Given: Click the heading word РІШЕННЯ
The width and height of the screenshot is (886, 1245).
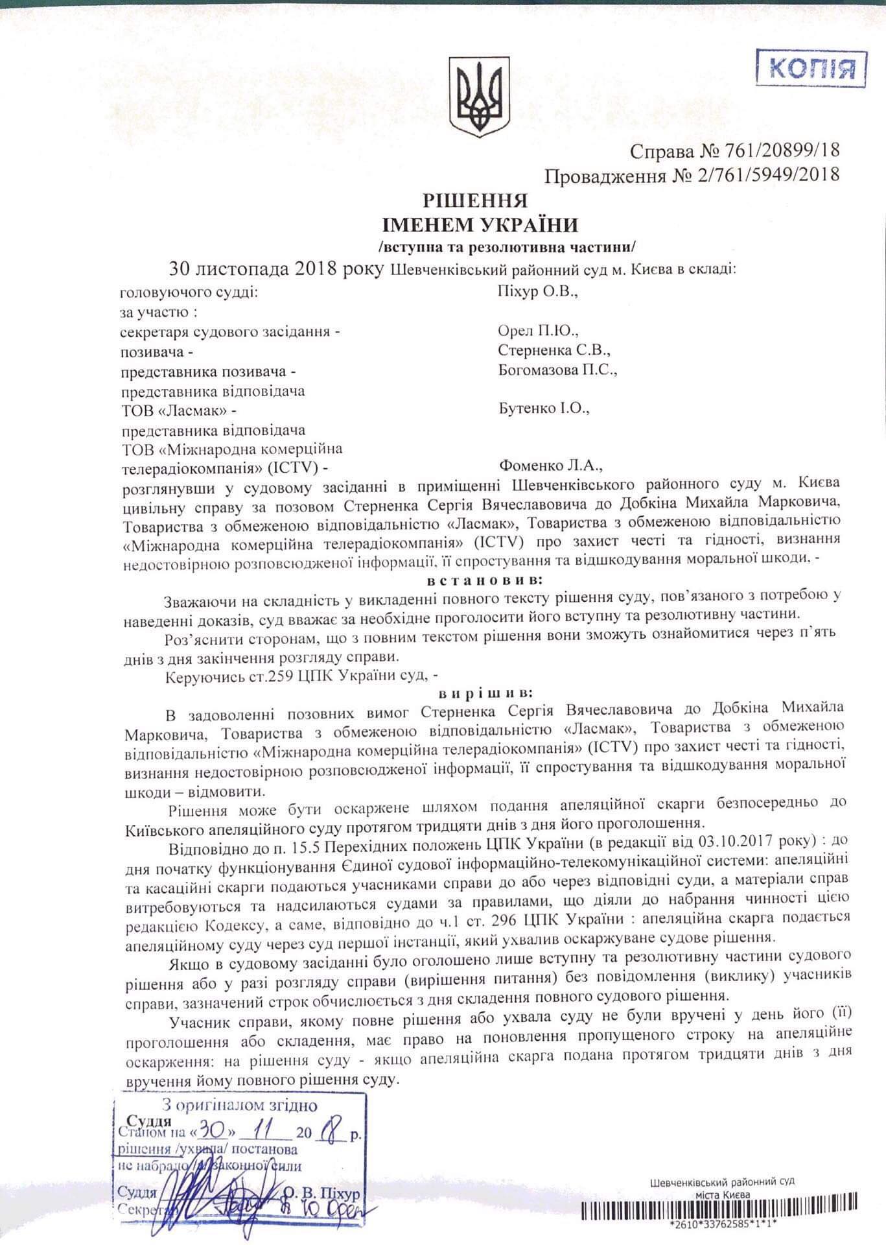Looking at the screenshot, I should [x=476, y=200].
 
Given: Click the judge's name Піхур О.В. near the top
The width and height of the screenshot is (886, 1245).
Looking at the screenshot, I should [x=537, y=292].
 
